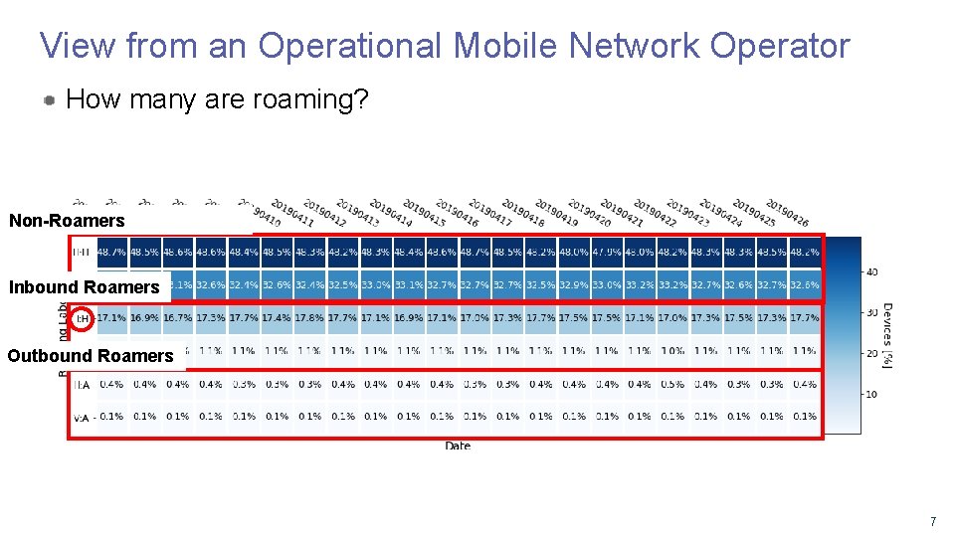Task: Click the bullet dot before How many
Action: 49,100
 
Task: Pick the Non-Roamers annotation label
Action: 67,221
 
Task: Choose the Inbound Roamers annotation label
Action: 85,287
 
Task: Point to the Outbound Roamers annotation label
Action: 91,355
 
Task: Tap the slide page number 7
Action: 932,521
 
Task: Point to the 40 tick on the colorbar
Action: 872,271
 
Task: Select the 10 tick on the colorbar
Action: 872,395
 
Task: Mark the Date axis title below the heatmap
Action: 458,447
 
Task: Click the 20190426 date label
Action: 786,211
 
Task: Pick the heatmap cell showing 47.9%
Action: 606,253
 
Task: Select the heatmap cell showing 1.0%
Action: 672,351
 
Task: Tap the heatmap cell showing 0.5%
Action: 672,384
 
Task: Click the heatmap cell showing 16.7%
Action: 177,318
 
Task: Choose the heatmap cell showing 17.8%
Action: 309,318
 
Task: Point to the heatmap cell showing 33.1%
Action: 408,285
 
